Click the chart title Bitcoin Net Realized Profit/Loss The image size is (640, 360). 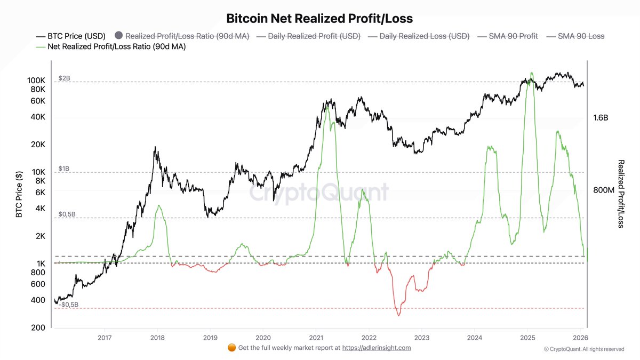pyautogui.click(x=319, y=19)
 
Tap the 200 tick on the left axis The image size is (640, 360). pyautogui.click(x=38, y=328)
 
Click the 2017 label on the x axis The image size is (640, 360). pyautogui.click(x=105, y=338)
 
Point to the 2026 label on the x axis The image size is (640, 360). pyautogui.click(x=580, y=338)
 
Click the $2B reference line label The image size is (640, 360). pyautogui.click(x=64, y=78)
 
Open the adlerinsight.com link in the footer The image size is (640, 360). pyautogui.click(x=376, y=348)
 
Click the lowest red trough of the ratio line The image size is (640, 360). pyautogui.click(x=398, y=316)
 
